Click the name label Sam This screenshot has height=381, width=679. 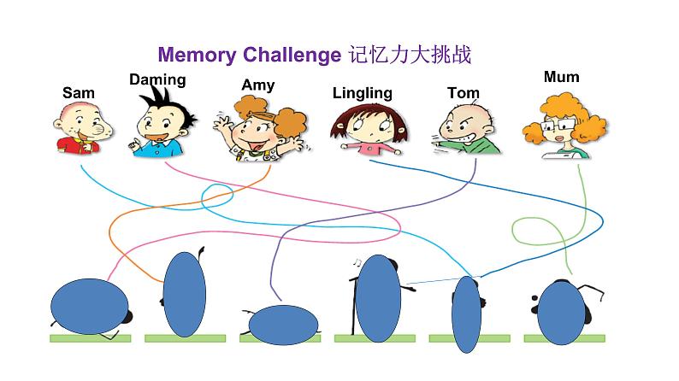[x=79, y=92]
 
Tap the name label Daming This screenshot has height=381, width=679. [x=157, y=79]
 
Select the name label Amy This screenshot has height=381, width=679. [x=257, y=85]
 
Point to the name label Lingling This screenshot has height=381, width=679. [x=363, y=92]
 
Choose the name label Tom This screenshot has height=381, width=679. [x=463, y=92]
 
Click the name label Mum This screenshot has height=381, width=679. [x=561, y=77]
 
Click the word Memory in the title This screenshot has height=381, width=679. [x=198, y=56]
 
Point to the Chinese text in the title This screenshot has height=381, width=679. [x=410, y=56]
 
